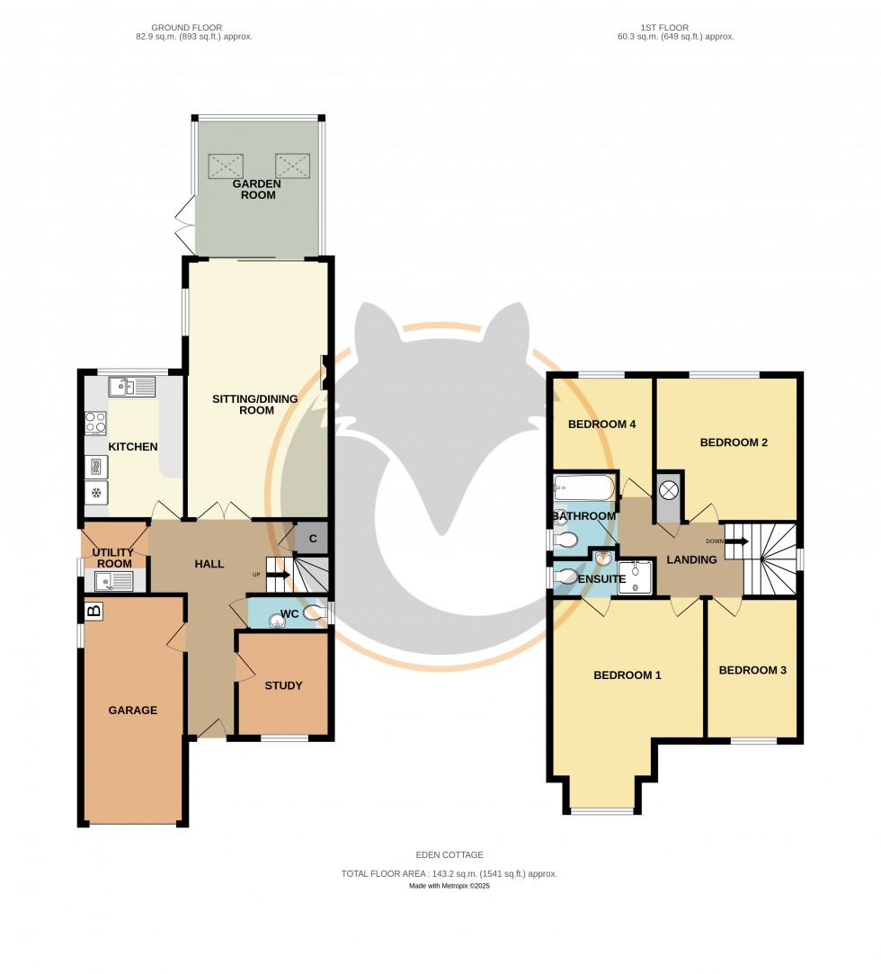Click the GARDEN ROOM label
coord(257,189)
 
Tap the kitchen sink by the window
coord(131,387)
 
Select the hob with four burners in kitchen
coord(95,423)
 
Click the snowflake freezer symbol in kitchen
coord(95,493)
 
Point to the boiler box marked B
coord(93,612)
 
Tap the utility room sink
coord(112,581)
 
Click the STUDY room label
coord(283,685)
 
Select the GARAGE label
coord(132,710)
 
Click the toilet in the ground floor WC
coord(316,613)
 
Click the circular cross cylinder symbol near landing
coord(668,491)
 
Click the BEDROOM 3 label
coord(752,669)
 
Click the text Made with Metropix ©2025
coord(449,886)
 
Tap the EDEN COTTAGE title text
coord(449,855)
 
